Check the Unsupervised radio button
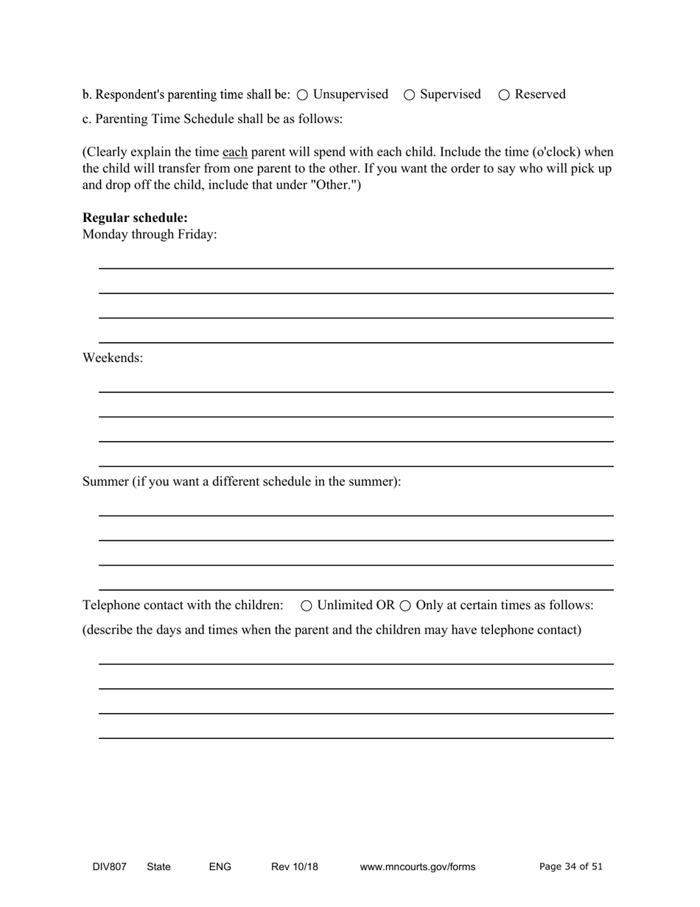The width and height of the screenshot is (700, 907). tap(303, 95)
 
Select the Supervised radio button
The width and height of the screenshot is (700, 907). tap(410, 95)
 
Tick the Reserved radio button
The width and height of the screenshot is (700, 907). tap(505, 95)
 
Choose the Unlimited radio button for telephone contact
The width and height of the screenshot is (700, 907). tap(307, 606)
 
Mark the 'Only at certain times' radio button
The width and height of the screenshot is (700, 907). tap(405, 606)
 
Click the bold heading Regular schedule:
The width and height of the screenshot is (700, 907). tap(135, 218)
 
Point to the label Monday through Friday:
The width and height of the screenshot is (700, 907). tap(150, 234)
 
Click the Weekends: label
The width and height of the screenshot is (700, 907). tap(113, 358)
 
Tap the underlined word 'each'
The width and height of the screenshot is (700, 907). tap(235, 153)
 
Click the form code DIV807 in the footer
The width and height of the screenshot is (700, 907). tap(109, 867)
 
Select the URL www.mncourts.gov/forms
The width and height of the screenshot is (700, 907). tap(418, 867)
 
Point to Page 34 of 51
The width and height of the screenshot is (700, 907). tap(571, 867)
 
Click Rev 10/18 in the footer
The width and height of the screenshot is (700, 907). tap(295, 867)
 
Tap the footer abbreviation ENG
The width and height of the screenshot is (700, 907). tap(220, 867)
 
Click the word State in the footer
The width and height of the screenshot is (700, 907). tap(159, 867)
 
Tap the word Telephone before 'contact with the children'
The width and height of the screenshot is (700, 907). tap(111, 605)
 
